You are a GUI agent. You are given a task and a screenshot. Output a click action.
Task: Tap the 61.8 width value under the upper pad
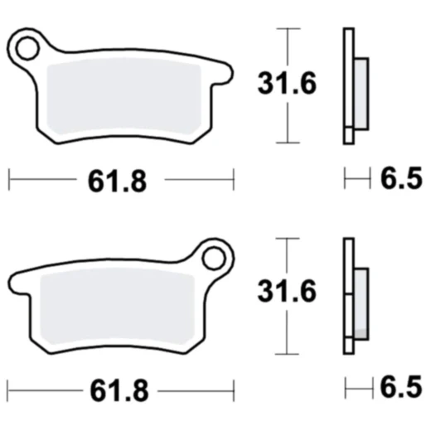(x=117, y=179)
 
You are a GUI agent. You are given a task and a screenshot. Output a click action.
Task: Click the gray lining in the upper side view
(x=361, y=91)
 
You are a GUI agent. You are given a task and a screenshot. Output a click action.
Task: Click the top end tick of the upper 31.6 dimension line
(x=287, y=29)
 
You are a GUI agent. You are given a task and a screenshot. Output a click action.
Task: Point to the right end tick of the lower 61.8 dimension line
(x=235, y=388)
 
